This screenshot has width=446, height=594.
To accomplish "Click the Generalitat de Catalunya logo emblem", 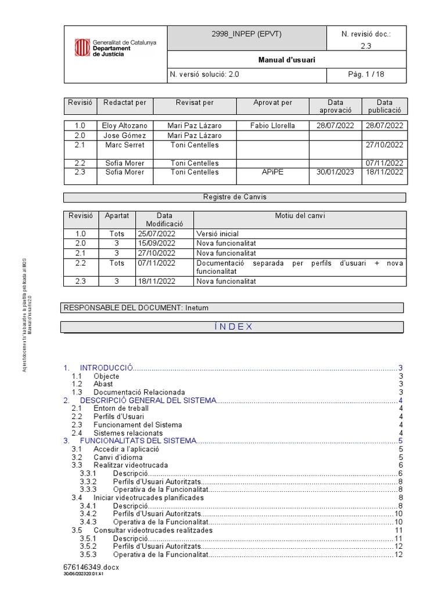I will click(x=82, y=48).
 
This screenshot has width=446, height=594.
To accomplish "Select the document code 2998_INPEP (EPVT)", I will click(x=246, y=34).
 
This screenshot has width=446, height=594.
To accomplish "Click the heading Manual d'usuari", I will click(x=287, y=60).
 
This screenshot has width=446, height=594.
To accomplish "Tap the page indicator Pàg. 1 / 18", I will click(x=366, y=74).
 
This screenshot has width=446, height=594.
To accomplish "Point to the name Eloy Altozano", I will click(x=125, y=125).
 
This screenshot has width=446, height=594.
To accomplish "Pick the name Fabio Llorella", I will click(x=272, y=125).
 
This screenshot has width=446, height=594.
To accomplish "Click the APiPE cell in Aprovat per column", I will click(x=272, y=172).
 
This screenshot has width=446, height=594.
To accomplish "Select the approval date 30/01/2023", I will click(x=335, y=172).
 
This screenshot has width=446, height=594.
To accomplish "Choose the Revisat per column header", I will click(x=195, y=103).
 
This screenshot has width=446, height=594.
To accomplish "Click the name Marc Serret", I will click(x=125, y=145).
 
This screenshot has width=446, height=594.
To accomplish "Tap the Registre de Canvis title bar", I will click(x=235, y=197).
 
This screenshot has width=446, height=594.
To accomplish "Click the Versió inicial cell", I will click(x=217, y=234).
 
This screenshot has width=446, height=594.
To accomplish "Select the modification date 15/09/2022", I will click(x=156, y=244).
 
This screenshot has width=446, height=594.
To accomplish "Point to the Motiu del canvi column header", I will click(x=300, y=216).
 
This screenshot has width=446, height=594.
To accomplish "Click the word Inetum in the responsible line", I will click(x=197, y=307).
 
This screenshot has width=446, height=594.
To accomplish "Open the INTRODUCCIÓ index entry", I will click(x=107, y=368).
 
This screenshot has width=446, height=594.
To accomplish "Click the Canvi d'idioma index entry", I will click(x=118, y=458).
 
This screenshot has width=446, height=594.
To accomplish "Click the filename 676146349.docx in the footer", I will click(x=91, y=567).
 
